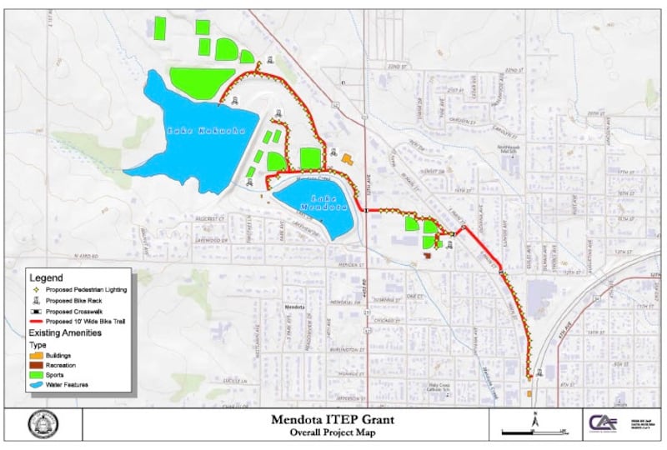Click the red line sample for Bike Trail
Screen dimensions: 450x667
point(38,321)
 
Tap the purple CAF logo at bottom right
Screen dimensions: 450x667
point(604,424)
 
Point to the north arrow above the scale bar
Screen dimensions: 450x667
point(534,419)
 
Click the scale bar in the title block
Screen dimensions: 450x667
point(534,432)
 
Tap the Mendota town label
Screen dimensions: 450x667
point(293,307)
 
